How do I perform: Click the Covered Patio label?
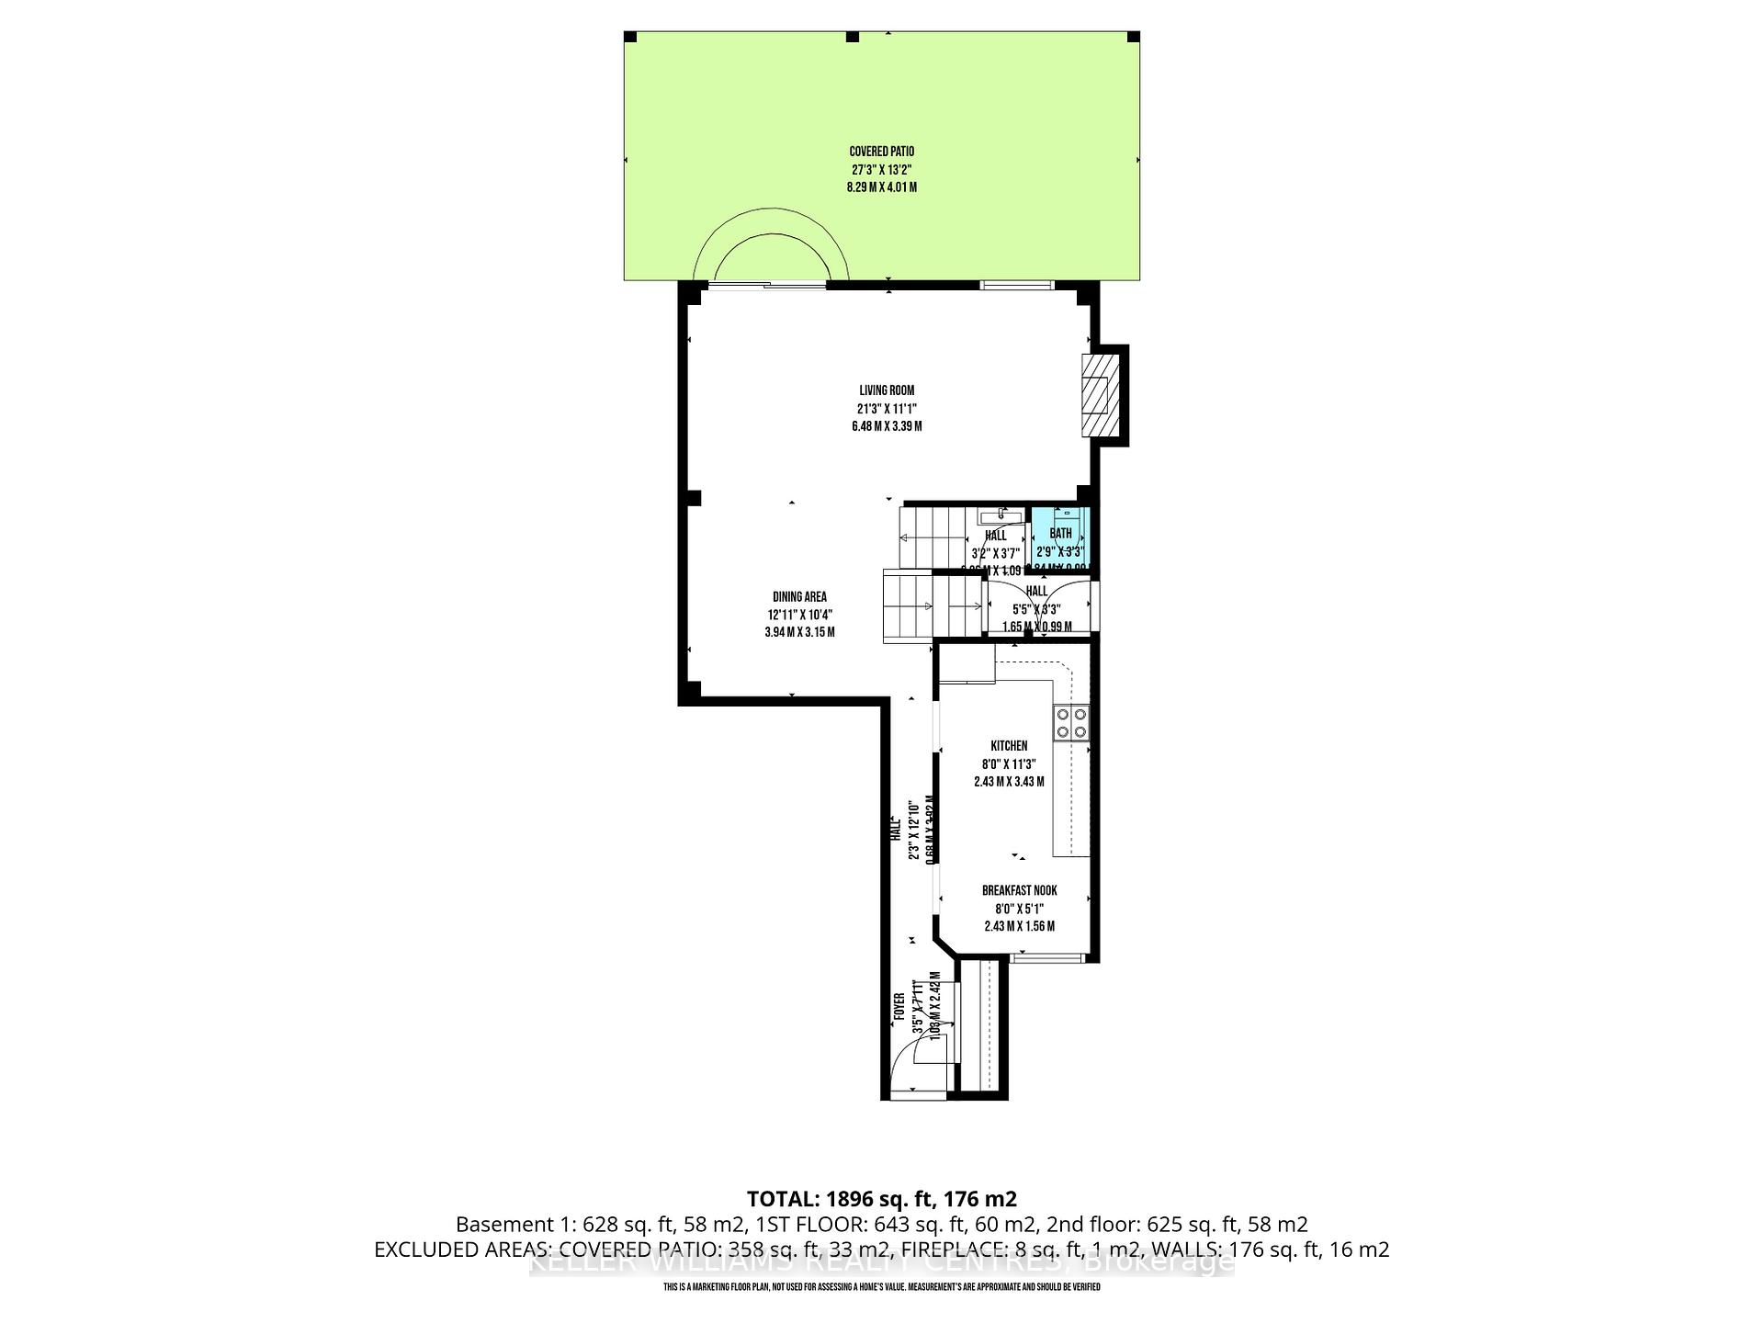click(x=881, y=152)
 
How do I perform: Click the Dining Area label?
click(x=798, y=597)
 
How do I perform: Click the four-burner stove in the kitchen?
click(x=1071, y=722)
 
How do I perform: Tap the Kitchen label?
click(x=1009, y=746)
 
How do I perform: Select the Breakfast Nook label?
click(x=1019, y=890)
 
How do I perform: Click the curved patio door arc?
click(x=772, y=239)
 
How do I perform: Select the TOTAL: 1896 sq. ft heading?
click(x=881, y=1199)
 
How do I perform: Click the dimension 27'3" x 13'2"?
click(x=881, y=170)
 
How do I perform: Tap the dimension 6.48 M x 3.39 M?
click(x=887, y=426)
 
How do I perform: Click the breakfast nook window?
click(x=1046, y=958)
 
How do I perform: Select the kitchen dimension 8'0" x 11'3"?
click(x=1009, y=763)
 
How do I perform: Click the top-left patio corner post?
click(x=630, y=37)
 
